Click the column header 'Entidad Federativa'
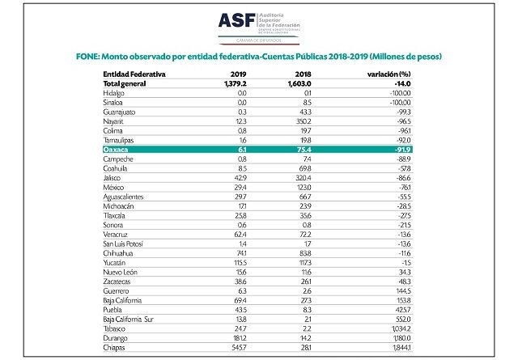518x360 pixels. click(x=134, y=74)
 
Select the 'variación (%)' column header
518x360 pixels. click(x=386, y=74)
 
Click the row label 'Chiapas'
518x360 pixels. click(x=117, y=349)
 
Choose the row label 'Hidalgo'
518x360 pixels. click(x=116, y=93)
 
